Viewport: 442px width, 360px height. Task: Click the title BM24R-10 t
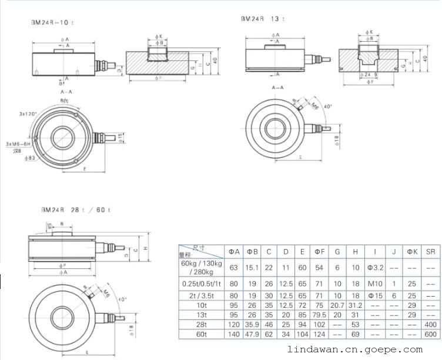pyautogui.click(x=53, y=23)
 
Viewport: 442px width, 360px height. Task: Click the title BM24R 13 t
pyautogui.click(x=263, y=19)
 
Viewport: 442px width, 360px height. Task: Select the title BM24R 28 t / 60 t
pyautogui.click(x=76, y=210)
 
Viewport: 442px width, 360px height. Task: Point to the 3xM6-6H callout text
pyautogui.click(x=18, y=144)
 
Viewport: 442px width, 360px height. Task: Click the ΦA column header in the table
pyautogui.click(x=235, y=251)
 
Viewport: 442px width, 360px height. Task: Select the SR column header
pyautogui.click(x=431, y=251)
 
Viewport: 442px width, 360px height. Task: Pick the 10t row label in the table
pyautogui.click(x=202, y=305)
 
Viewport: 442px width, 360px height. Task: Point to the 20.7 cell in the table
pyautogui.click(x=337, y=305)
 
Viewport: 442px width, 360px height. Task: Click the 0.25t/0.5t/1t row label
pyautogui.click(x=202, y=284)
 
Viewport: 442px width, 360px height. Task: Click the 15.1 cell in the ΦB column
pyautogui.click(x=252, y=268)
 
